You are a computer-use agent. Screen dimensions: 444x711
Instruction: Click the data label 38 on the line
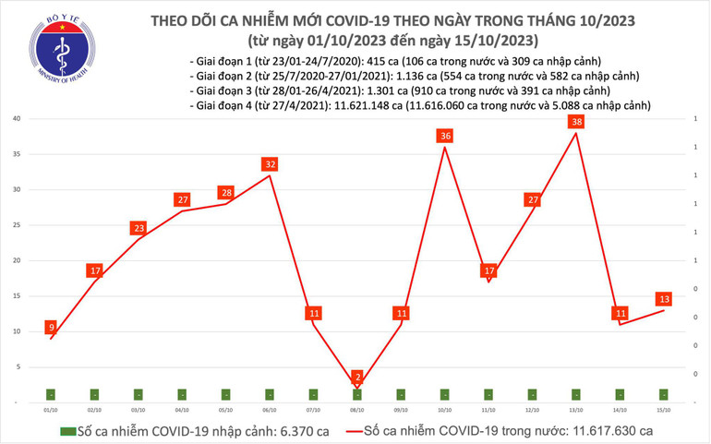(x=576, y=122)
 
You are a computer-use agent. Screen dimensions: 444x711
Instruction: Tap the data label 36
(x=445, y=137)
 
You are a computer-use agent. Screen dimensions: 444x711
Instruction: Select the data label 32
(x=270, y=164)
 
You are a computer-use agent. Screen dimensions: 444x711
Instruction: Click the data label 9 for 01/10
(x=51, y=328)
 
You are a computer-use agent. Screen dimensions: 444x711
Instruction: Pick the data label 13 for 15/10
(x=664, y=299)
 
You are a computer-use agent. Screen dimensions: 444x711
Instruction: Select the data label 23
(x=139, y=228)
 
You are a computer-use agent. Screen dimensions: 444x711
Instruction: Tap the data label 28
(x=226, y=193)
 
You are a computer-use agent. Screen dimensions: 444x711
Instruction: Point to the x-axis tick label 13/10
(x=576, y=409)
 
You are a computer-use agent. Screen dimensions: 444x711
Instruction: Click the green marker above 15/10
(x=664, y=394)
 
